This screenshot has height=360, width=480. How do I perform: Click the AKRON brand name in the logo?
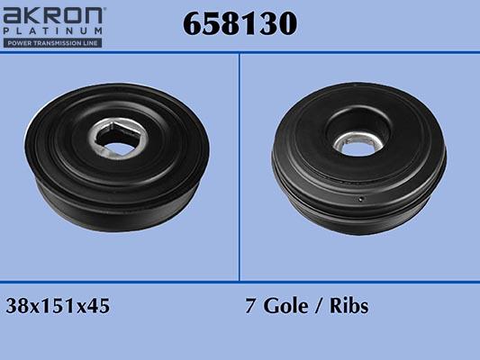(52, 15)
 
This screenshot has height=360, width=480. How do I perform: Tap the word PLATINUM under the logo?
(52, 31)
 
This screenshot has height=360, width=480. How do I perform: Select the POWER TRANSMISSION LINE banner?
(52, 43)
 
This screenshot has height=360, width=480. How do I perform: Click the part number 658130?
(240, 23)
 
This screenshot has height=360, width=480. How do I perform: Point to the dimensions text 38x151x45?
(58, 306)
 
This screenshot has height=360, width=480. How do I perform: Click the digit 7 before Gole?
(250, 306)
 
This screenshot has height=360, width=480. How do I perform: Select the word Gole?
(285, 306)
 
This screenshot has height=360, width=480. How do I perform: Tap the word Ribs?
(349, 306)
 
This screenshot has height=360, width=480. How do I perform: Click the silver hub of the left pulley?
(119, 139)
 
